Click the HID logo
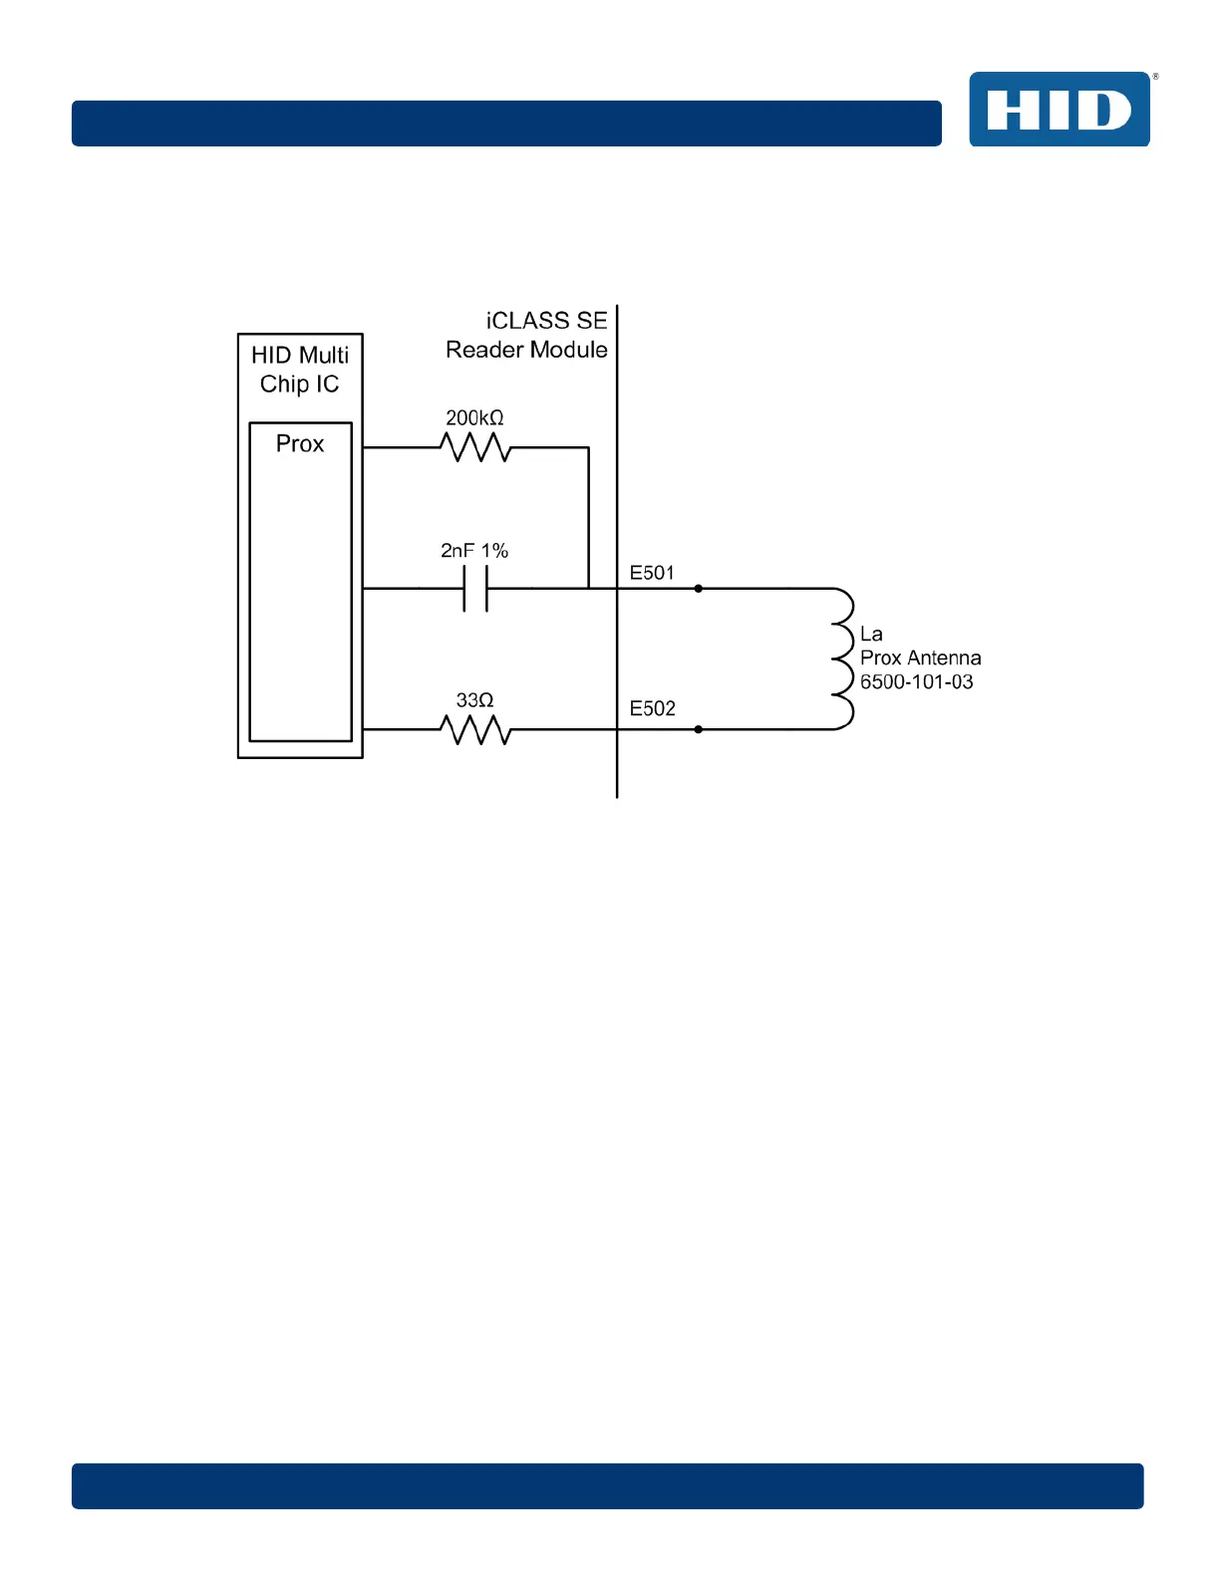click(x=1059, y=110)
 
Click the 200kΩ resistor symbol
click(x=475, y=448)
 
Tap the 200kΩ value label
click(x=474, y=418)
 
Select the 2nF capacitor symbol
click(x=475, y=589)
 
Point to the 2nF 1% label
click(x=474, y=551)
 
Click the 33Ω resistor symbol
click(x=475, y=730)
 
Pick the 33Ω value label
click(x=474, y=701)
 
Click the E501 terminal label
click(x=652, y=573)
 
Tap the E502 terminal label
click(x=652, y=709)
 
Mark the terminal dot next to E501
click(x=698, y=589)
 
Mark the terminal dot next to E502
click(x=698, y=729)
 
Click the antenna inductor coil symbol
click(x=843, y=658)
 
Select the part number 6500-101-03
click(x=916, y=682)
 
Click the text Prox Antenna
click(x=920, y=658)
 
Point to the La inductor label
click(x=871, y=635)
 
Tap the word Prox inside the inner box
click(x=300, y=444)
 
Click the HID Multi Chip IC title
click(x=300, y=370)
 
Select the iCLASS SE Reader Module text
click(x=527, y=336)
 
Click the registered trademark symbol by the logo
click(x=1155, y=77)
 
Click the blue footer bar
click(x=607, y=1485)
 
